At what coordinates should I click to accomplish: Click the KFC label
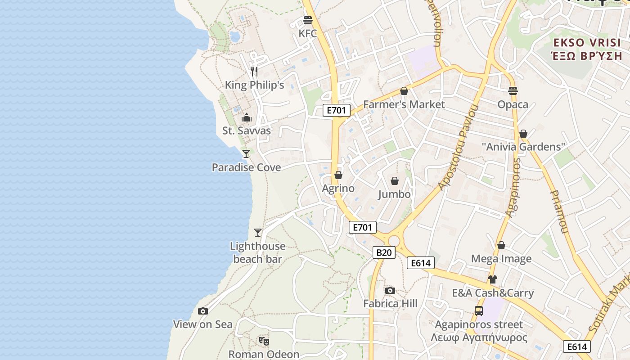point(308,34)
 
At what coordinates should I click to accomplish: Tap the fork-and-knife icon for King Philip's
point(254,71)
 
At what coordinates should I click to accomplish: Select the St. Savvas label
point(247,131)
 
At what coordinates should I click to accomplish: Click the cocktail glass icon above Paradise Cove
point(246,154)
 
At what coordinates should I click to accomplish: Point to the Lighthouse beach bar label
point(257,252)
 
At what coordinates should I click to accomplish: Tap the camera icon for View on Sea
point(203,311)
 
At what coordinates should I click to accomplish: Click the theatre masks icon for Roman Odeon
point(264,341)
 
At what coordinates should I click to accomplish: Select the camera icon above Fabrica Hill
point(390,290)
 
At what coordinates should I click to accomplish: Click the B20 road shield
point(384,252)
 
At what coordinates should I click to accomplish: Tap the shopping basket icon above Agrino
point(338,175)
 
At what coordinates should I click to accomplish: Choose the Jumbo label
point(394,194)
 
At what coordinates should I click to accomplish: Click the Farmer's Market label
point(404,104)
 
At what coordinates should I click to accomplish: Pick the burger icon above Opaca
point(513,91)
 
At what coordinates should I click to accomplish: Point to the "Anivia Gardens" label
point(523,147)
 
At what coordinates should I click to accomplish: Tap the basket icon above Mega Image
point(501,245)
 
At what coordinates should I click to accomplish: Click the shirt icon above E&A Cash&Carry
point(493,279)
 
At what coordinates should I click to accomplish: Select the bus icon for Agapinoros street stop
point(479,310)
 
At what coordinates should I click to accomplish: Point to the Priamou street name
point(557,211)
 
